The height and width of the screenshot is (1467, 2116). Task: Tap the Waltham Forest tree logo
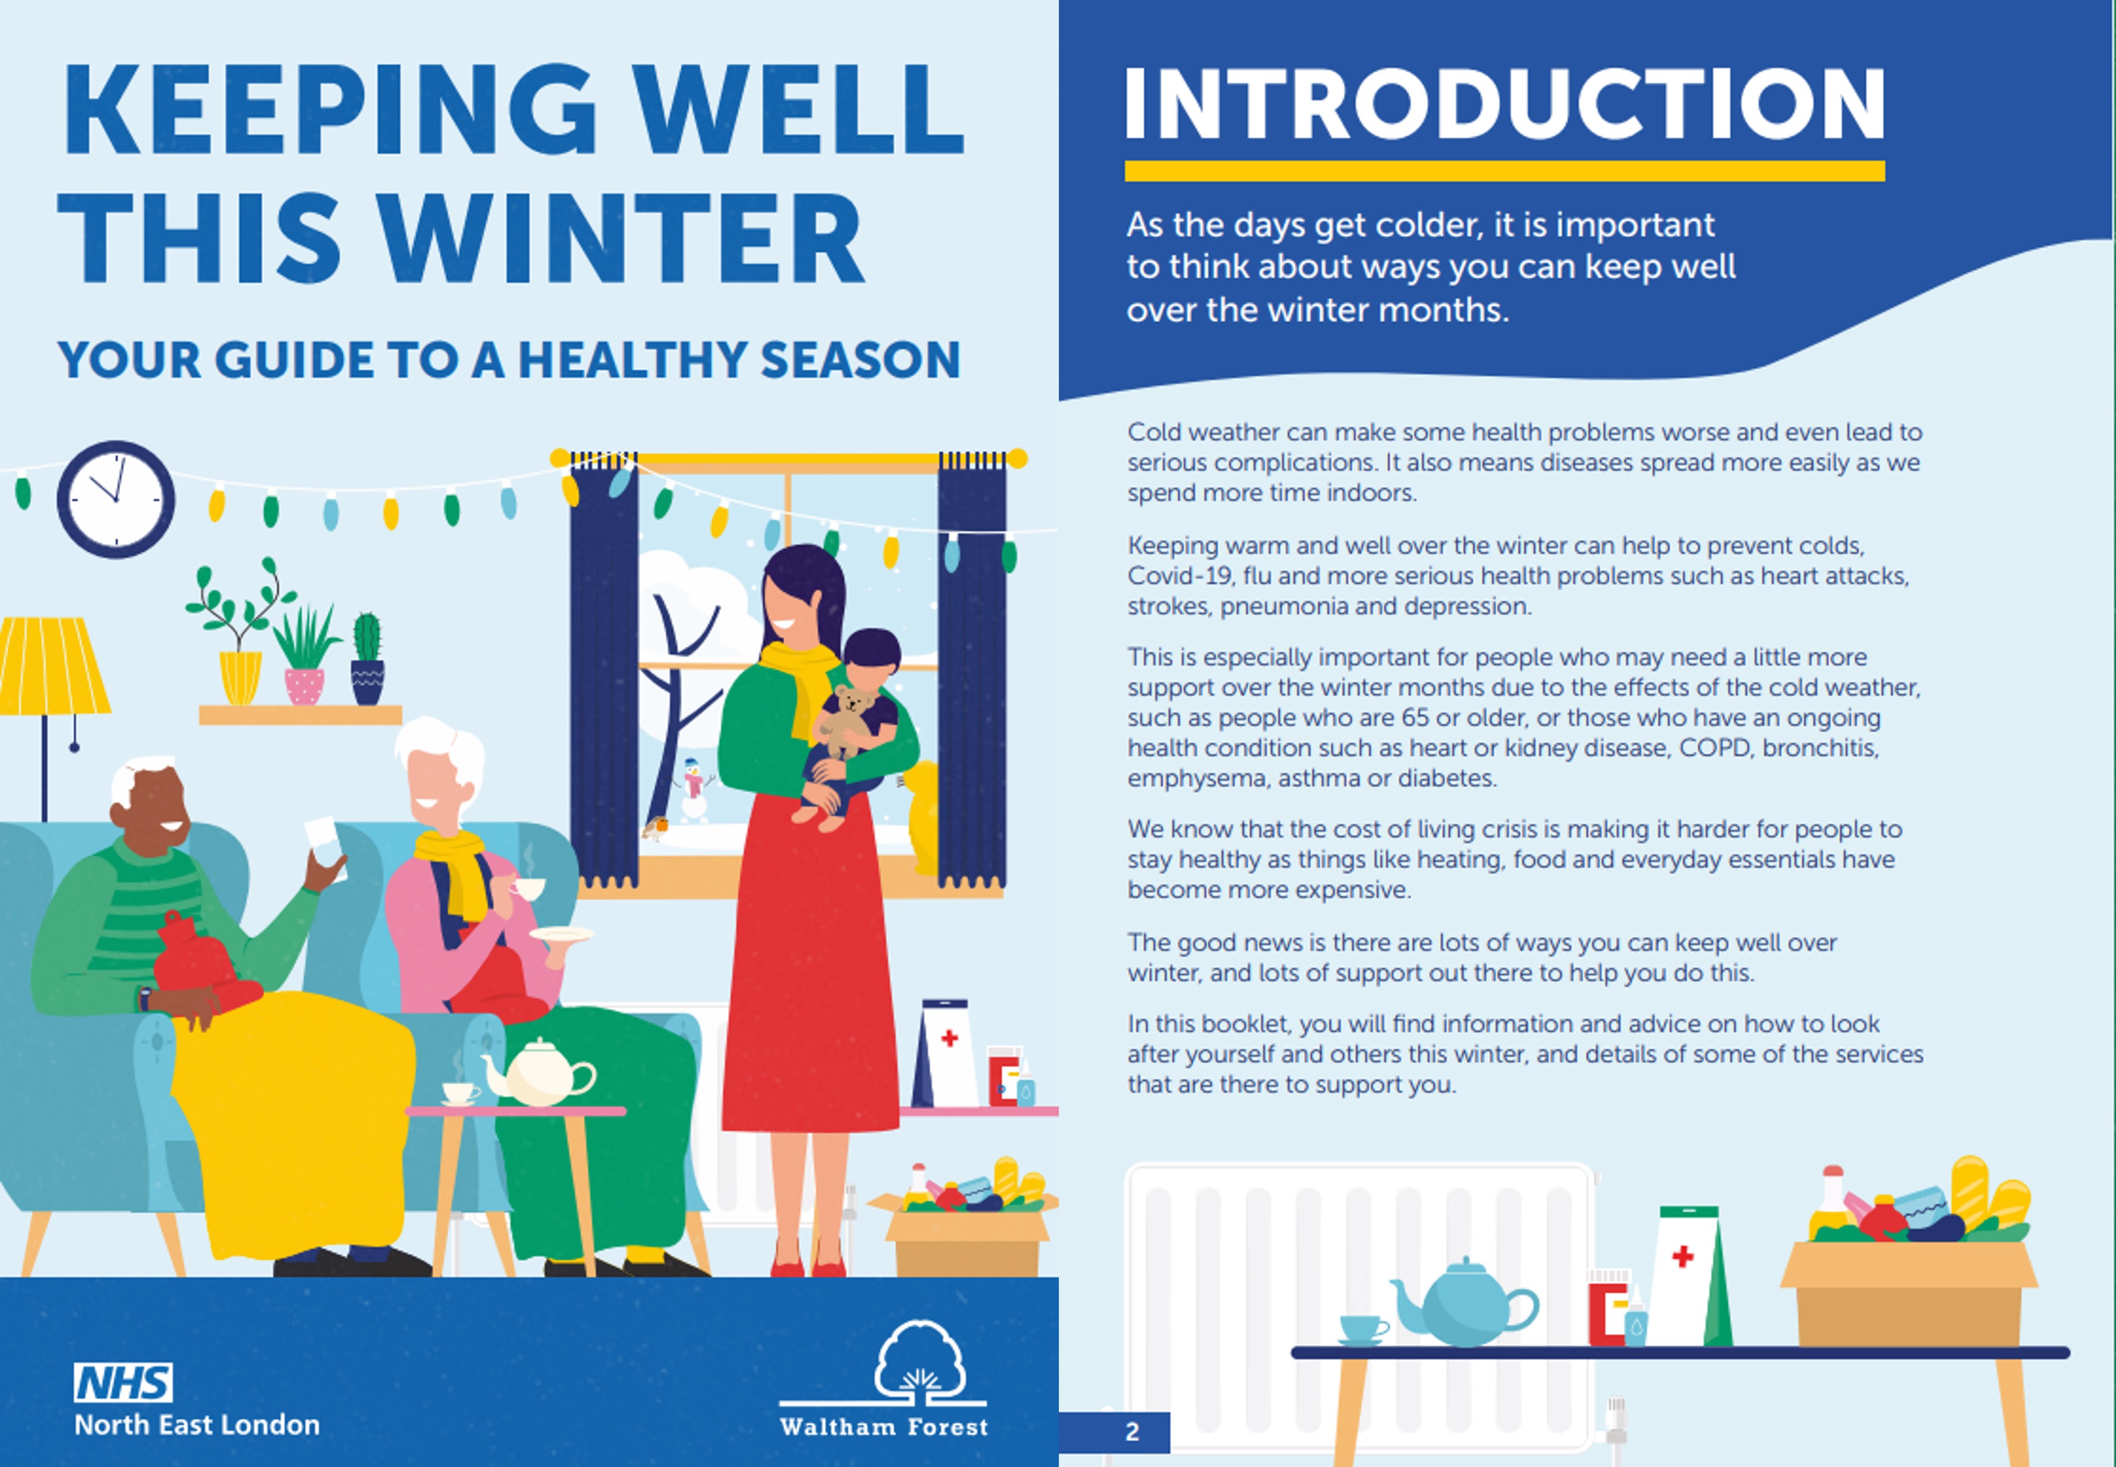tap(918, 1363)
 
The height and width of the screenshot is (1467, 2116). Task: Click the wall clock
tap(116, 499)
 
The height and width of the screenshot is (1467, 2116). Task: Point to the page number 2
tap(1132, 1432)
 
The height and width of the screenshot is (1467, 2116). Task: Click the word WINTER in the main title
tap(621, 238)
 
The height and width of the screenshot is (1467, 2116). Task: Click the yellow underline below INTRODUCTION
tap(1505, 171)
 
